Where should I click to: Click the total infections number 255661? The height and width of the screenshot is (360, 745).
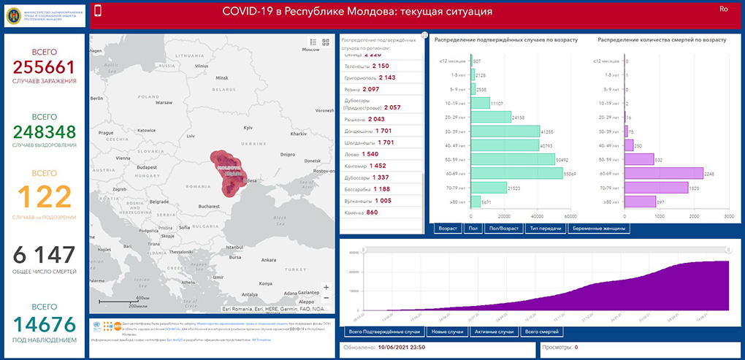pos(44,67)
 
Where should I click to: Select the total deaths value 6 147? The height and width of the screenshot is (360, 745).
pos(44,256)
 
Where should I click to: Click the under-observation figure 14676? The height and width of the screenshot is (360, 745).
pos(44,321)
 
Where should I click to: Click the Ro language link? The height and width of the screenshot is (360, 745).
pos(724,9)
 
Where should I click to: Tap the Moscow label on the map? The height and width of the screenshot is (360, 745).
pos(311,50)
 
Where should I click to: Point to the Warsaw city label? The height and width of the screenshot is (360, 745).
pos(163,102)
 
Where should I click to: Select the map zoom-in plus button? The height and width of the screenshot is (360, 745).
pos(326,287)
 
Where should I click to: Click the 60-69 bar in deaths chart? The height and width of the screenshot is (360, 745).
pos(664,173)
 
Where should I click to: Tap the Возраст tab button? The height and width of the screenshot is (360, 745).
pos(448,229)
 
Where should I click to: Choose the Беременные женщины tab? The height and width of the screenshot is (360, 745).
pos(598,229)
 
